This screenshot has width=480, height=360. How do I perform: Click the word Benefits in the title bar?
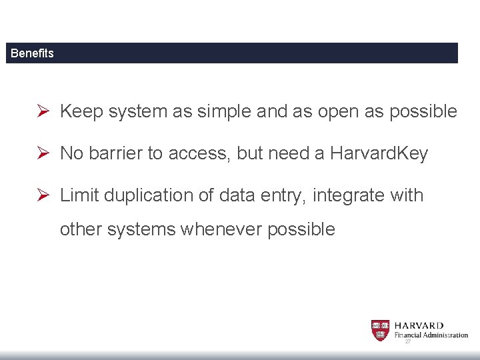pos(32,53)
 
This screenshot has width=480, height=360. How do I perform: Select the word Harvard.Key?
pos(379,153)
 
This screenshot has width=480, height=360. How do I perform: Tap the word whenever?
pos(221,229)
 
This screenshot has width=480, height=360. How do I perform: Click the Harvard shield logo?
pos(381,330)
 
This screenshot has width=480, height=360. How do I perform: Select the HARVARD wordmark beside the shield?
pos(419,325)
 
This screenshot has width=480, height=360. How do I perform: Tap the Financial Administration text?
pos(431,335)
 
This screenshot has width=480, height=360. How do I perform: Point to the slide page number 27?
pos(407,341)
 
